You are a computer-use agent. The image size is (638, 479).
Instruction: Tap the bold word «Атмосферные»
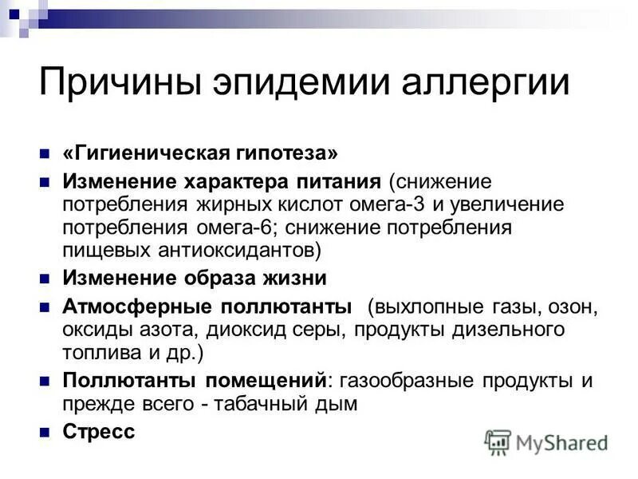(136, 307)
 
